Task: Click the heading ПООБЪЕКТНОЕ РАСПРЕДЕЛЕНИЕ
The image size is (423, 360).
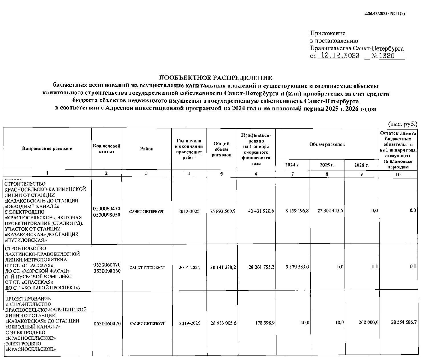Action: coord(216,78)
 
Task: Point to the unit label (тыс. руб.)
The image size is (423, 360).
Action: coord(403,124)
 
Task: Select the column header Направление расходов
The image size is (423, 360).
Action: coord(47,148)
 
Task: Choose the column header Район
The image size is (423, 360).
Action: coord(147,149)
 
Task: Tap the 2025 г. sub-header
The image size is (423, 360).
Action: coord(327,165)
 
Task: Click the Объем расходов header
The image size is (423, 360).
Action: coord(327,144)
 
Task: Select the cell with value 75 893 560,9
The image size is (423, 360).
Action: coord(222,211)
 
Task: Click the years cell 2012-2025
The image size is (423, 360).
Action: coord(189,212)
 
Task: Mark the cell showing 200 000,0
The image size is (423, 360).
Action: coord(368,323)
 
